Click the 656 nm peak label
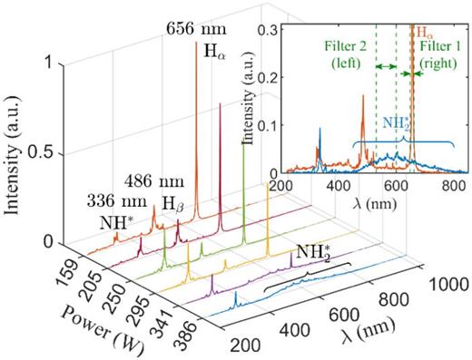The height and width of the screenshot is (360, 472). tap(197, 29)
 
